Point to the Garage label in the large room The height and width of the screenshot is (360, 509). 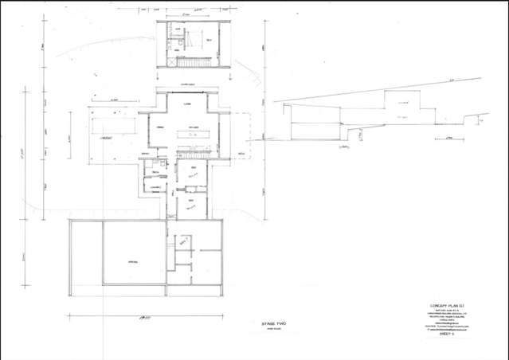click(x=133, y=262)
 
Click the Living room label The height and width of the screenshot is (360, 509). click(x=187, y=105)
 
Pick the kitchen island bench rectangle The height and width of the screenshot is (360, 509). click(x=193, y=136)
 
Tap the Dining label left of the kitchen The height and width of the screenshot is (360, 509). click(x=159, y=127)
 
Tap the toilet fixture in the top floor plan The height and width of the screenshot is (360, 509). click(x=169, y=28)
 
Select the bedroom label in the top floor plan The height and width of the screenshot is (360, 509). click(x=209, y=40)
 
